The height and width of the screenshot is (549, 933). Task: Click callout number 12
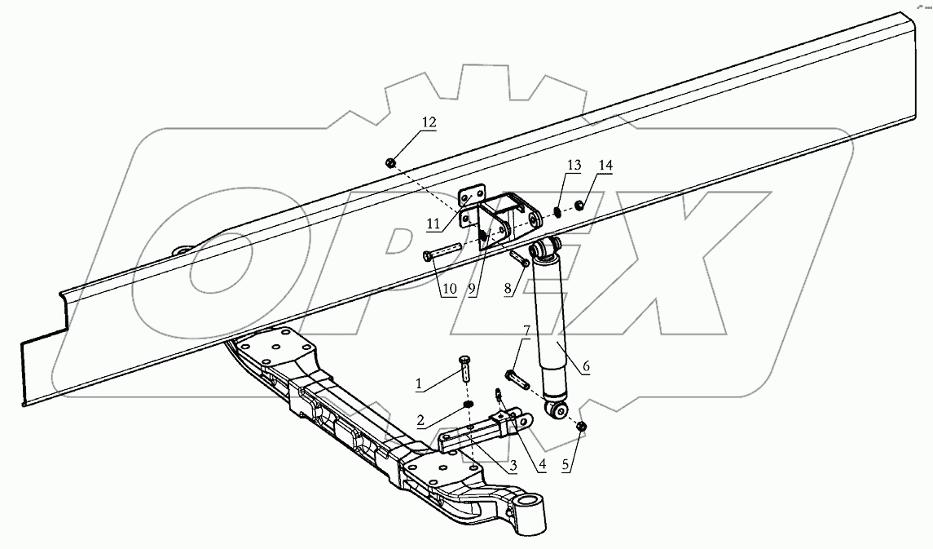[x=429, y=123]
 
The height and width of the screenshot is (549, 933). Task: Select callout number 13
[x=574, y=166]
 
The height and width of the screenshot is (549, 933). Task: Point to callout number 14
[x=605, y=166]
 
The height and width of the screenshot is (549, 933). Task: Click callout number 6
[x=585, y=367]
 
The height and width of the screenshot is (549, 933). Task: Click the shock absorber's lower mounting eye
[x=558, y=410]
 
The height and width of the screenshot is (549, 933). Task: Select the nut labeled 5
[x=581, y=427]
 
